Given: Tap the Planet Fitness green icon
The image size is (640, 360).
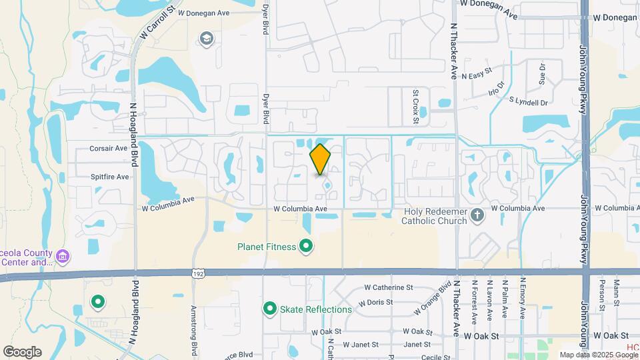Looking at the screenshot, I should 306,247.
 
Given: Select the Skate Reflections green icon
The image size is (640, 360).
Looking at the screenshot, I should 270,309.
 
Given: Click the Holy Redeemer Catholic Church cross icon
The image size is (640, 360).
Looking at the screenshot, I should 477,215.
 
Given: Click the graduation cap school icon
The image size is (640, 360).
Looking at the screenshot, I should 207,38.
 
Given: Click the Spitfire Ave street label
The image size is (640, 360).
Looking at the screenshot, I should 109,177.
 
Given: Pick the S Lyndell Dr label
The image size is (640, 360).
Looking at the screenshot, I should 528,102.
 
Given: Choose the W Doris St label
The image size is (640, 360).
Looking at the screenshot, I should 378,302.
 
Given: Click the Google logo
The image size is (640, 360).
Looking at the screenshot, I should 22,351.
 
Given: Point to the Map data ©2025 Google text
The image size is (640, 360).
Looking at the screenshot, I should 593,355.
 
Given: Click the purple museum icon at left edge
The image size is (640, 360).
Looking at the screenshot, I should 63,256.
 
